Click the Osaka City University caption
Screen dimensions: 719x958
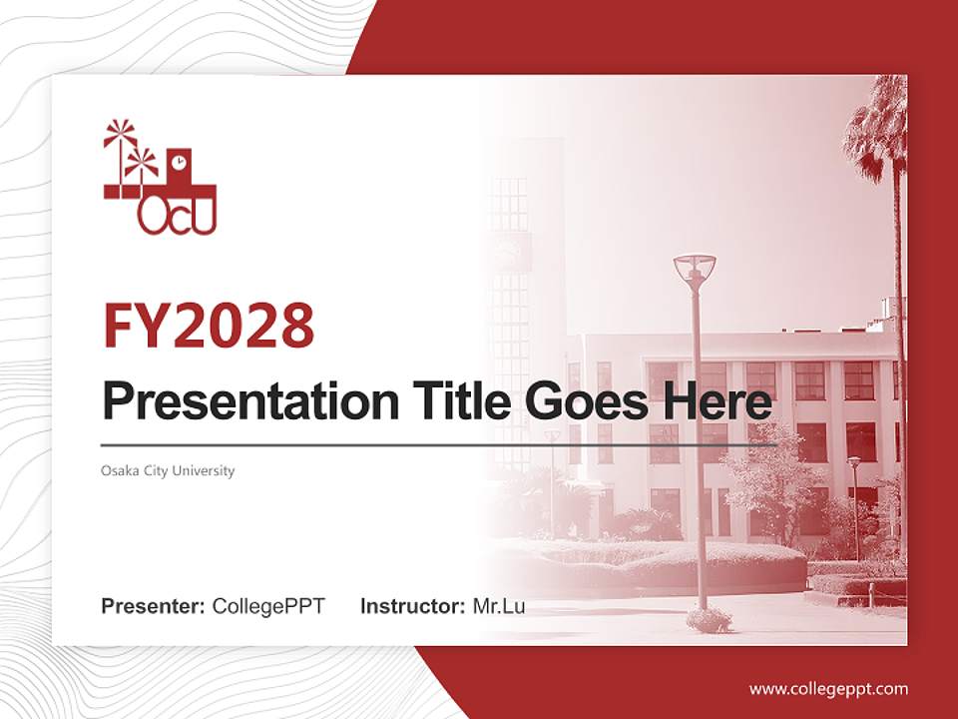(x=168, y=470)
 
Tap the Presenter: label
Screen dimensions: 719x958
(x=154, y=606)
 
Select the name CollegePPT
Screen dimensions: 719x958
(x=268, y=606)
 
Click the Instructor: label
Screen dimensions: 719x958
(x=412, y=606)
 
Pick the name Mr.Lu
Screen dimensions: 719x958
(x=499, y=606)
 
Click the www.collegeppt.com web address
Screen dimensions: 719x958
(x=828, y=688)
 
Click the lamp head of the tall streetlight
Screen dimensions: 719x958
(x=694, y=269)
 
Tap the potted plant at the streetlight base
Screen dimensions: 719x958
(x=709, y=619)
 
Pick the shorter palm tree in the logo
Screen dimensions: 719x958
(x=142, y=165)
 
